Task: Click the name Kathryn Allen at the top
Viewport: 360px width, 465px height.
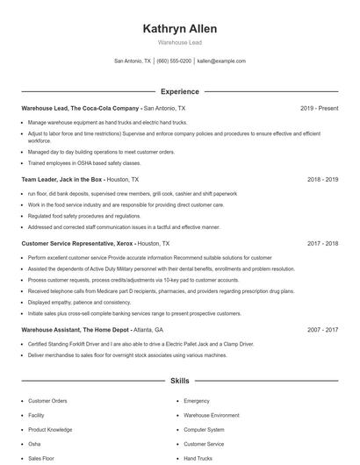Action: (179, 29)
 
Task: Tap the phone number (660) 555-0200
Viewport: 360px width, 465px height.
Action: (174, 61)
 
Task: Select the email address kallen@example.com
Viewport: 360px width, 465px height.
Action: (221, 61)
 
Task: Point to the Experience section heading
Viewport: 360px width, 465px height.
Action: (179, 91)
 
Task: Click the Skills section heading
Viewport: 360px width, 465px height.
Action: (179, 382)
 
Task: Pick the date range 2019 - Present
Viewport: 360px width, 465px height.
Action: (319, 108)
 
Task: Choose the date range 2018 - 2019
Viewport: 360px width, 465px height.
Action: (322, 179)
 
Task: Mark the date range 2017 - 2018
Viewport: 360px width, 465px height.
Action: (322, 243)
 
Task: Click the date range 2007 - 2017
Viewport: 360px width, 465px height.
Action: (322, 329)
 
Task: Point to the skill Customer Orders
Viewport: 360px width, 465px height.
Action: (47, 401)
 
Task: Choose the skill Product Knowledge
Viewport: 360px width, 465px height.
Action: (50, 430)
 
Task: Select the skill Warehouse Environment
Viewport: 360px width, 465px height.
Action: (211, 415)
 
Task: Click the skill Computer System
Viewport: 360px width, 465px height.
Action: (204, 430)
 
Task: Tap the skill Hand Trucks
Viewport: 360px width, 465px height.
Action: (198, 458)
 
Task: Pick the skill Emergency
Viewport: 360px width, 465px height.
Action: (197, 401)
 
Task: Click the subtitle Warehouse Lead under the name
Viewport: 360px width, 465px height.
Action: (179, 43)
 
